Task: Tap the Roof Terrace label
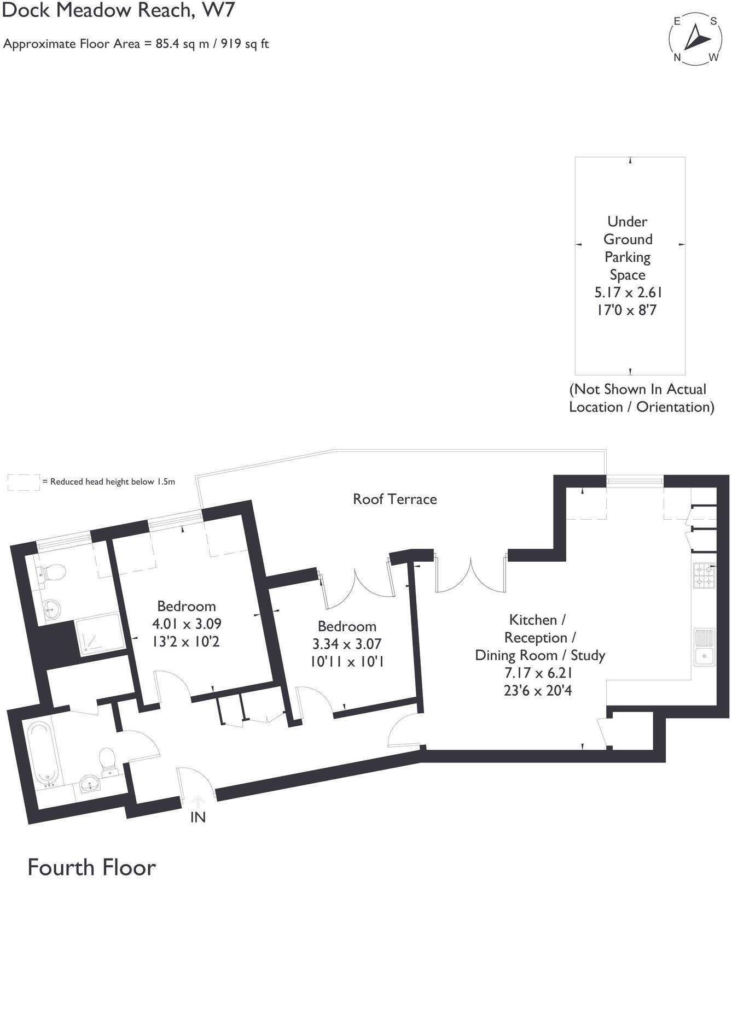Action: click(x=394, y=499)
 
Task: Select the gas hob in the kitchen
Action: click(x=704, y=575)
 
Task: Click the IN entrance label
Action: click(x=197, y=817)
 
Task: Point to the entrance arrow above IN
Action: click(x=198, y=802)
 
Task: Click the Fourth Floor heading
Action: click(x=91, y=868)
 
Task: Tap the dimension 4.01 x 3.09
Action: click(x=187, y=624)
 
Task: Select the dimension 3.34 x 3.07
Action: click(x=347, y=644)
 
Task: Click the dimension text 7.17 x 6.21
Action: click(x=538, y=673)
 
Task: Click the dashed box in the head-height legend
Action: click(x=24, y=482)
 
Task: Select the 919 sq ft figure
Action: click(x=245, y=44)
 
